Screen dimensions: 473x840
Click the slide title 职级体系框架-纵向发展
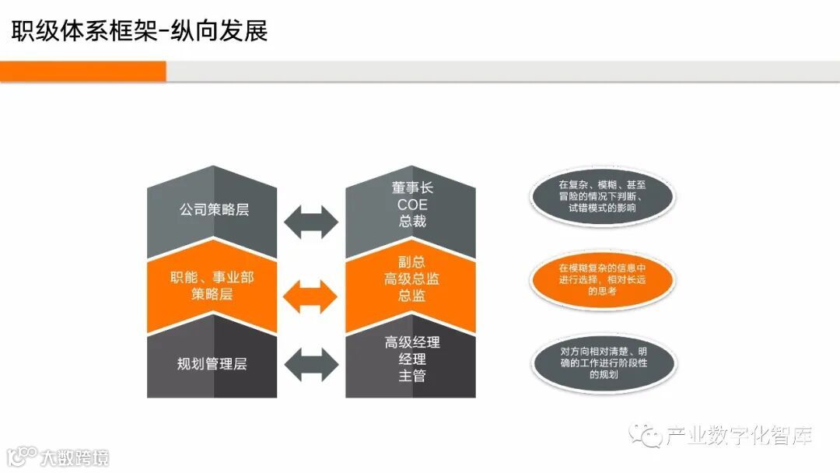point(139,30)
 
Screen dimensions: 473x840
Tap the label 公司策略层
point(213,210)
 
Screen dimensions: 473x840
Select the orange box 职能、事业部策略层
point(212,286)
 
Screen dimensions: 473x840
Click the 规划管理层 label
point(212,363)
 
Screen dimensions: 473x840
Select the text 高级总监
point(411,279)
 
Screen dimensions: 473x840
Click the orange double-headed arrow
point(311,296)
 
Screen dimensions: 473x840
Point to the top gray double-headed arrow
point(311,222)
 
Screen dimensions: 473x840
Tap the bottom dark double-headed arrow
point(311,363)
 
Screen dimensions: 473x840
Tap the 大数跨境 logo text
point(75,457)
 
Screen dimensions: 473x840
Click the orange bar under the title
point(83,72)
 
